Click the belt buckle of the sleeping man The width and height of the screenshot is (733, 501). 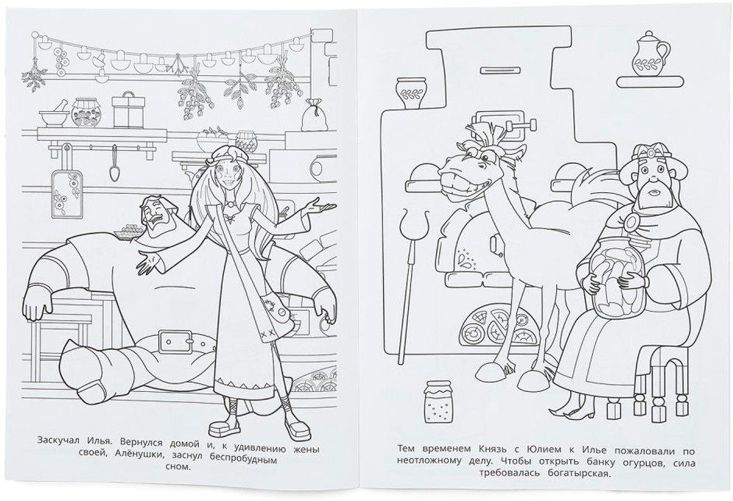tap(178, 343)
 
